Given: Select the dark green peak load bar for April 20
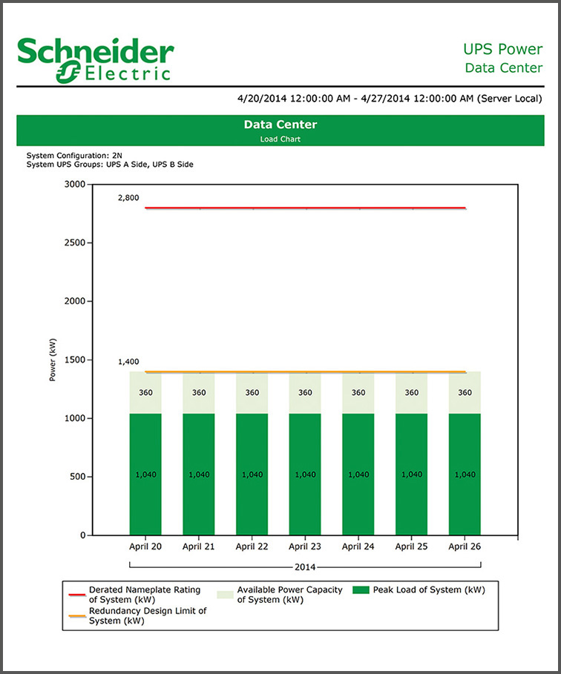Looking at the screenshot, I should (145, 475).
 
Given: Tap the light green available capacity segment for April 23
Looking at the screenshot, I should (305, 393).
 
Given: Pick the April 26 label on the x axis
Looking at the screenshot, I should (464, 547).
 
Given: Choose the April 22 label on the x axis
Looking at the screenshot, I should (252, 547).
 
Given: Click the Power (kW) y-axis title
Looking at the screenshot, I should (53, 360).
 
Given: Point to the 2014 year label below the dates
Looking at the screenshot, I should (304, 567).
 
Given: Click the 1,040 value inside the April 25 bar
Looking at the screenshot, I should (411, 475).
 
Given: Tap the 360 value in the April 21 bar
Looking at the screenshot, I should (199, 393).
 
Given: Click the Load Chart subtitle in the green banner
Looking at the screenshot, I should (280, 139).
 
